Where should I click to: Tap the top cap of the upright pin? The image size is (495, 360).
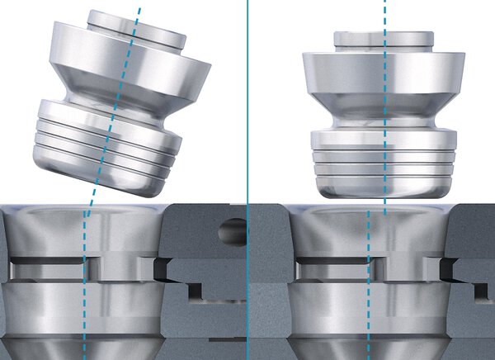384,39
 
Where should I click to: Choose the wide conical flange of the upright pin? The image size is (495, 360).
384,78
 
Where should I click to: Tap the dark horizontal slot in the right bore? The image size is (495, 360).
330,269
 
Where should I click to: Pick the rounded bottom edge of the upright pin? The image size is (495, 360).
384,192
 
